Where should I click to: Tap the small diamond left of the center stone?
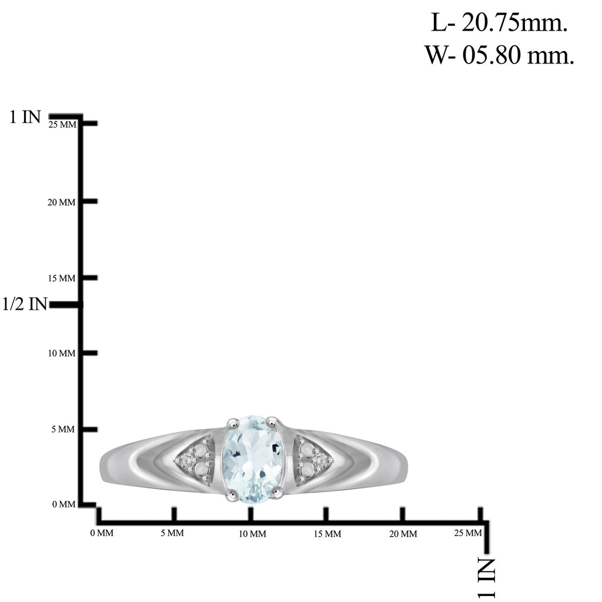click(x=186, y=459)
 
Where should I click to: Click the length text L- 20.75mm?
click(x=499, y=23)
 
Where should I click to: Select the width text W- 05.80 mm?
click(x=499, y=55)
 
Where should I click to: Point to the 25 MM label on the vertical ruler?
click(x=62, y=125)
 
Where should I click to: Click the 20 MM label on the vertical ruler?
click(x=61, y=202)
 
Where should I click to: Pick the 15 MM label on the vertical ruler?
click(x=61, y=278)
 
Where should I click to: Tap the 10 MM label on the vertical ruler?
click(x=61, y=353)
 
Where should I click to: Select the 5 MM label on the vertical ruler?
click(x=63, y=429)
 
